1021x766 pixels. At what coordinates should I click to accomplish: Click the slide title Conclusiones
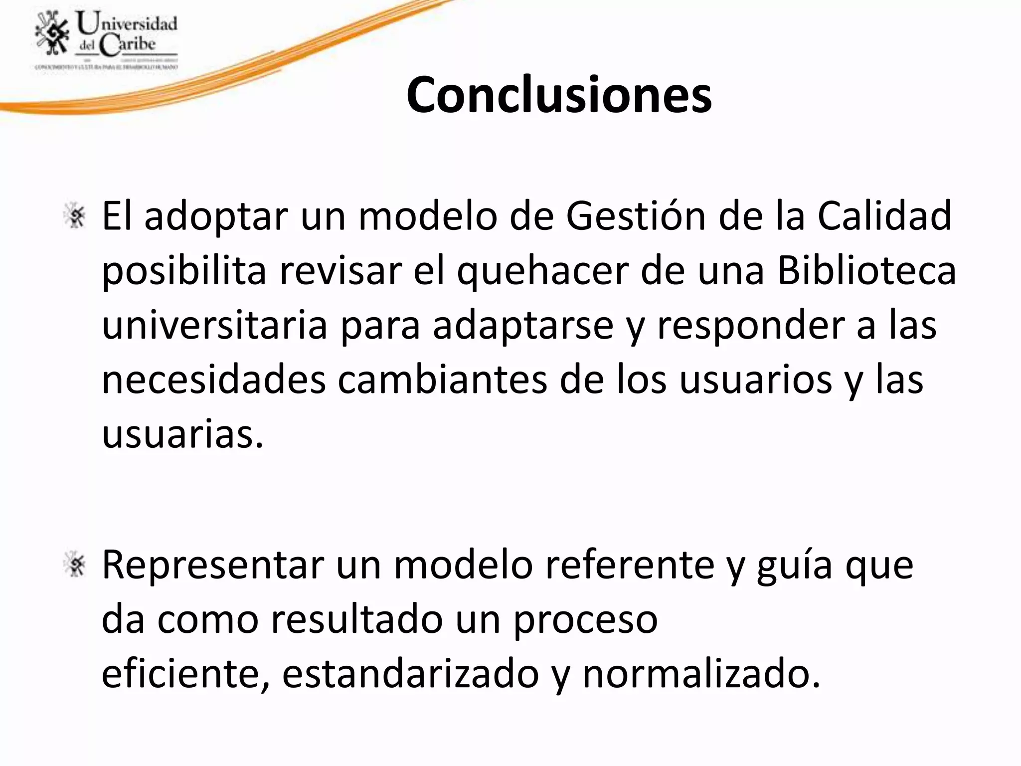pyautogui.click(x=559, y=95)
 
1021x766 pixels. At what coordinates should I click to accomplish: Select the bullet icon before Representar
pyautogui.click(x=76, y=565)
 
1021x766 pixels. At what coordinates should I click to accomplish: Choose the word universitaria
pyautogui.click(x=214, y=325)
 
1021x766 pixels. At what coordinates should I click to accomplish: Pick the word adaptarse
pyautogui.click(x=522, y=326)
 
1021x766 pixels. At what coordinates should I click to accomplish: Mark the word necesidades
pyautogui.click(x=213, y=380)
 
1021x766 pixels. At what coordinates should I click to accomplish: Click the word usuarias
pyautogui.click(x=182, y=434)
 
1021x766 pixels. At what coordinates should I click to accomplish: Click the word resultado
pyautogui.click(x=357, y=620)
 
